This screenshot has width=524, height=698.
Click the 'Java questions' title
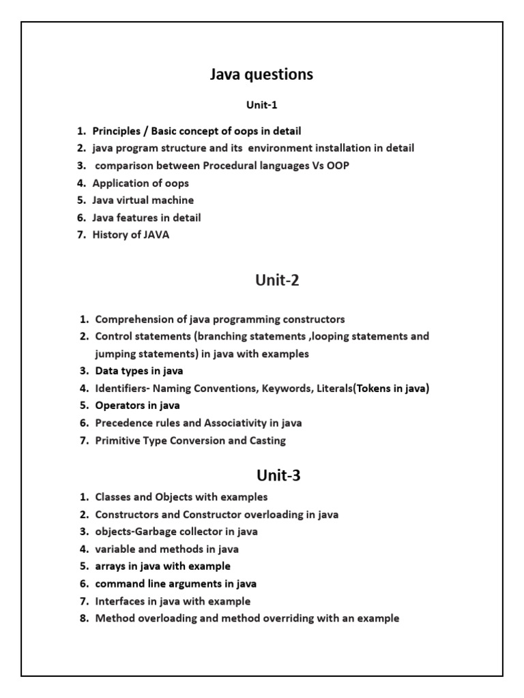pyautogui.click(x=262, y=74)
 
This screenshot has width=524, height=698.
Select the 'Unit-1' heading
pyautogui.click(x=262, y=105)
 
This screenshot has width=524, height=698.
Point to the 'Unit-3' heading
pyautogui.click(x=278, y=475)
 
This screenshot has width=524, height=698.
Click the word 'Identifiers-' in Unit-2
pyautogui.click(x=123, y=389)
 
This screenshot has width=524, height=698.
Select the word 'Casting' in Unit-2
pyautogui.click(x=267, y=441)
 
